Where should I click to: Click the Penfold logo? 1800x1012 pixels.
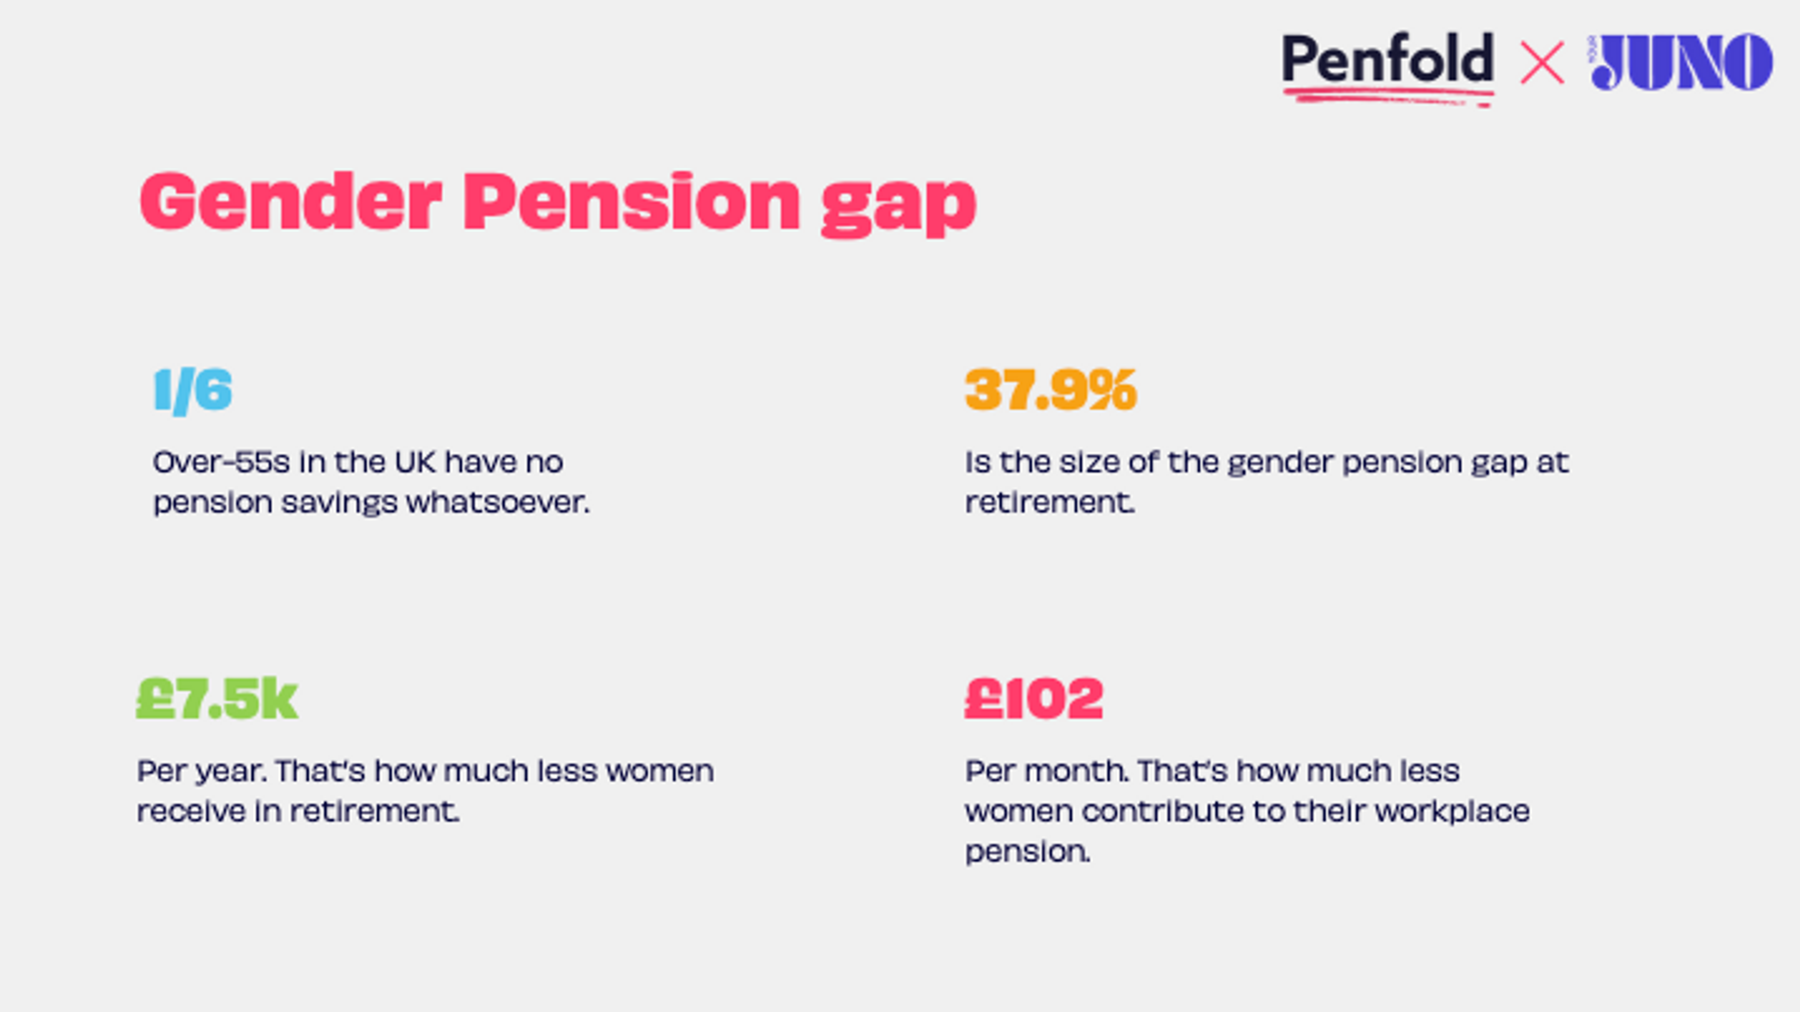[1387, 63]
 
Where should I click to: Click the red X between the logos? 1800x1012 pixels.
[1542, 63]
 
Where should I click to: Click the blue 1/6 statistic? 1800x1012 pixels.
[193, 391]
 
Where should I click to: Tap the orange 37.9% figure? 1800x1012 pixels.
[1050, 390]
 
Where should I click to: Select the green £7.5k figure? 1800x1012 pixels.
[217, 698]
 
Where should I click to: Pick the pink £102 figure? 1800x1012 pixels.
[1034, 698]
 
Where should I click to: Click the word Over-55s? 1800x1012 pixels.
[221, 462]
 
